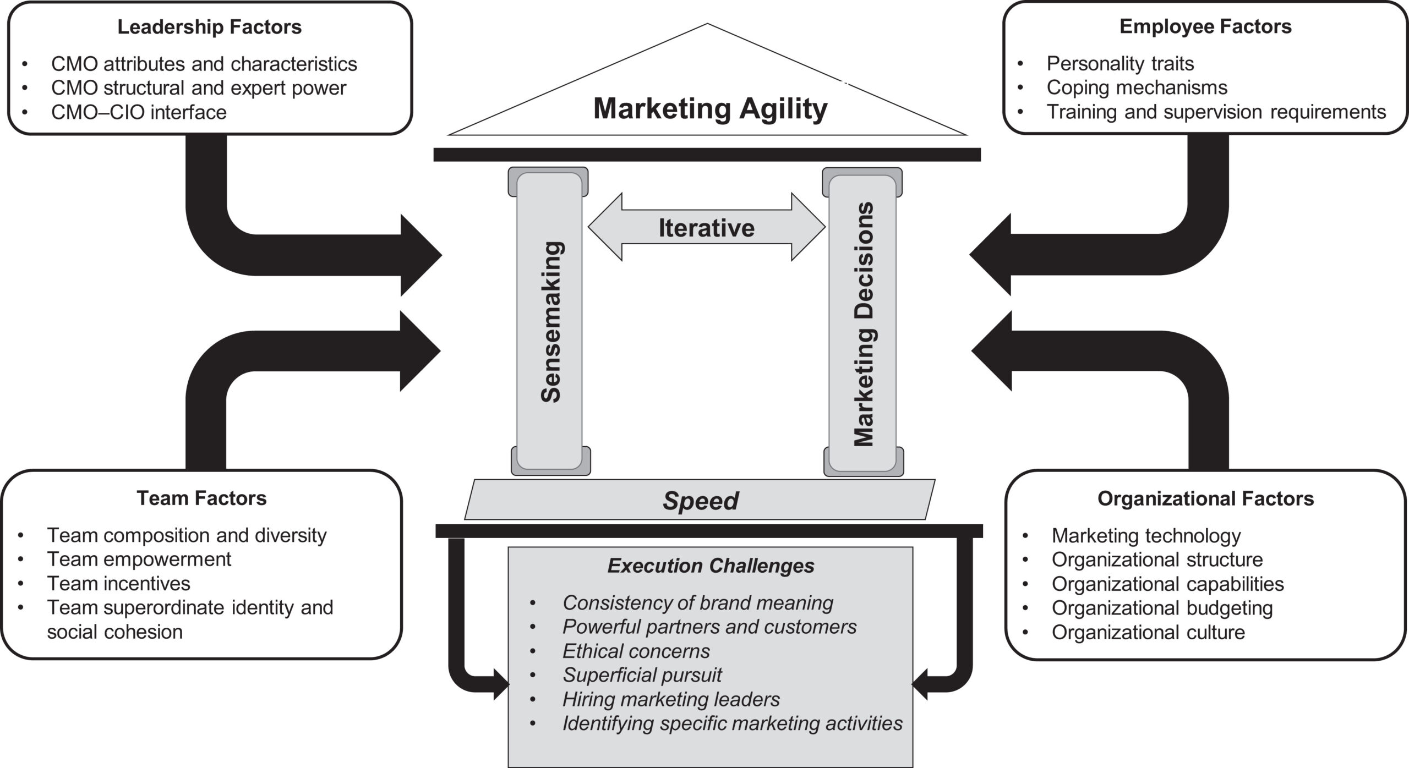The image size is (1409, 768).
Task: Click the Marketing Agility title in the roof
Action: pos(710,108)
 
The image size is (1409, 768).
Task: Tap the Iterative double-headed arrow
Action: pos(707,227)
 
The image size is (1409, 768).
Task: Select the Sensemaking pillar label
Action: pos(550,322)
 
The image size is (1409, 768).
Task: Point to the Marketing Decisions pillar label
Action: pos(864,325)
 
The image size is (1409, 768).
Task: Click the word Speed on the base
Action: pos(700,501)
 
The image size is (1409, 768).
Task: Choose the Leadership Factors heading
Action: pos(209,27)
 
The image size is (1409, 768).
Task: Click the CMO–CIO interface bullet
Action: pos(139,112)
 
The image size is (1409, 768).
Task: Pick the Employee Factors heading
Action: pos(1205,26)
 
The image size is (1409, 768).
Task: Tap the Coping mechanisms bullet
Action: pos(1137,87)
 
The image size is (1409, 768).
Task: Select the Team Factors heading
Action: pos(201,498)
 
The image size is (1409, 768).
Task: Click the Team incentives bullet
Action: pos(118,583)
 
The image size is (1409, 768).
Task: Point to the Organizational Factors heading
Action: pos(1205,498)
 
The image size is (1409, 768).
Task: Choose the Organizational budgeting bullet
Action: pos(1162,608)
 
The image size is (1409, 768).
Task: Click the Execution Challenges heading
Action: pos(711,566)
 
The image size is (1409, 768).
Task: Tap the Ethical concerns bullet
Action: pos(636,651)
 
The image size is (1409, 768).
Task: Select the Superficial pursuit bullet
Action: pos(642,675)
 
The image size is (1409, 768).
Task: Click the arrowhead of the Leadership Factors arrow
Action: pos(421,255)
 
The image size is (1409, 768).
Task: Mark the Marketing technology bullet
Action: pos(1146,535)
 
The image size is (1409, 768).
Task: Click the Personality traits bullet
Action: pos(1120,64)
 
